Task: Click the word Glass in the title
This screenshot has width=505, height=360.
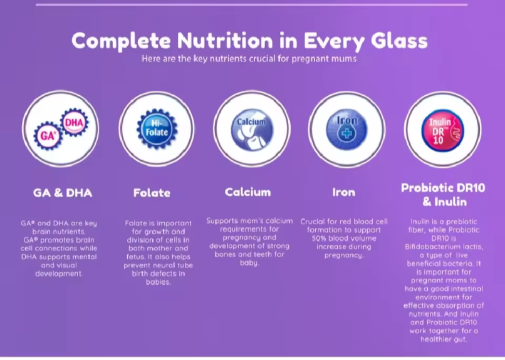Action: pos(399,41)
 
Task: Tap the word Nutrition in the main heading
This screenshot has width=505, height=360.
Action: pos(225,41)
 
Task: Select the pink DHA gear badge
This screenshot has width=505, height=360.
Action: pos(74,122)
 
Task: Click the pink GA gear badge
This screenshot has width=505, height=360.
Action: pos(48,135)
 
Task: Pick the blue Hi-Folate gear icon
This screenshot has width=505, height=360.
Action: pos(157,129)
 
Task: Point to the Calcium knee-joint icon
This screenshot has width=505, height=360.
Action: pos(252,129)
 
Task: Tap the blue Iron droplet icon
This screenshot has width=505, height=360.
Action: pos(346,130)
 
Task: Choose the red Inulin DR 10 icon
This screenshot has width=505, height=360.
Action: pos(442,130)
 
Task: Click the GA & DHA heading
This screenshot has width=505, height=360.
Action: pos(63,193)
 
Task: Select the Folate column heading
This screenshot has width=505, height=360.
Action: pos(152,193)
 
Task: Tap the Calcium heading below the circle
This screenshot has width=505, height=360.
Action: pos(247,192)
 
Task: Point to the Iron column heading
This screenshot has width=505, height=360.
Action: pos(343,192)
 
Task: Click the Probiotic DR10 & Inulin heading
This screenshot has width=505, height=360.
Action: pos(443,195)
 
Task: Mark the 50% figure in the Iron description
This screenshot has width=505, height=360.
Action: pos(318,239)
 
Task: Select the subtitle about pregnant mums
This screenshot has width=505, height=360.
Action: pos(249,59)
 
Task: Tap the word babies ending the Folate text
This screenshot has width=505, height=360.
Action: pos(158,282)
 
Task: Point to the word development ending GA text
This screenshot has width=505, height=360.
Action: pos(59,274)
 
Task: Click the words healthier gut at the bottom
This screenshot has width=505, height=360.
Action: pos(444,339)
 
